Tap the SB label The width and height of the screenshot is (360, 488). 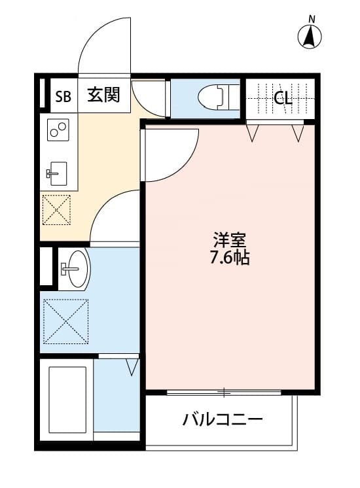tap(63, 97)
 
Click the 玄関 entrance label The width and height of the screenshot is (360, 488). tap(103, 96)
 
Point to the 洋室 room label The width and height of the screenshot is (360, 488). tap(228, 239)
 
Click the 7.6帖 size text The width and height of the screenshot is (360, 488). tap(228, 258)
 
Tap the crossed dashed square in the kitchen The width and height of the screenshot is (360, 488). tap(57, 210)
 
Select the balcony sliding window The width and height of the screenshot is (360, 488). tap(225, 392)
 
